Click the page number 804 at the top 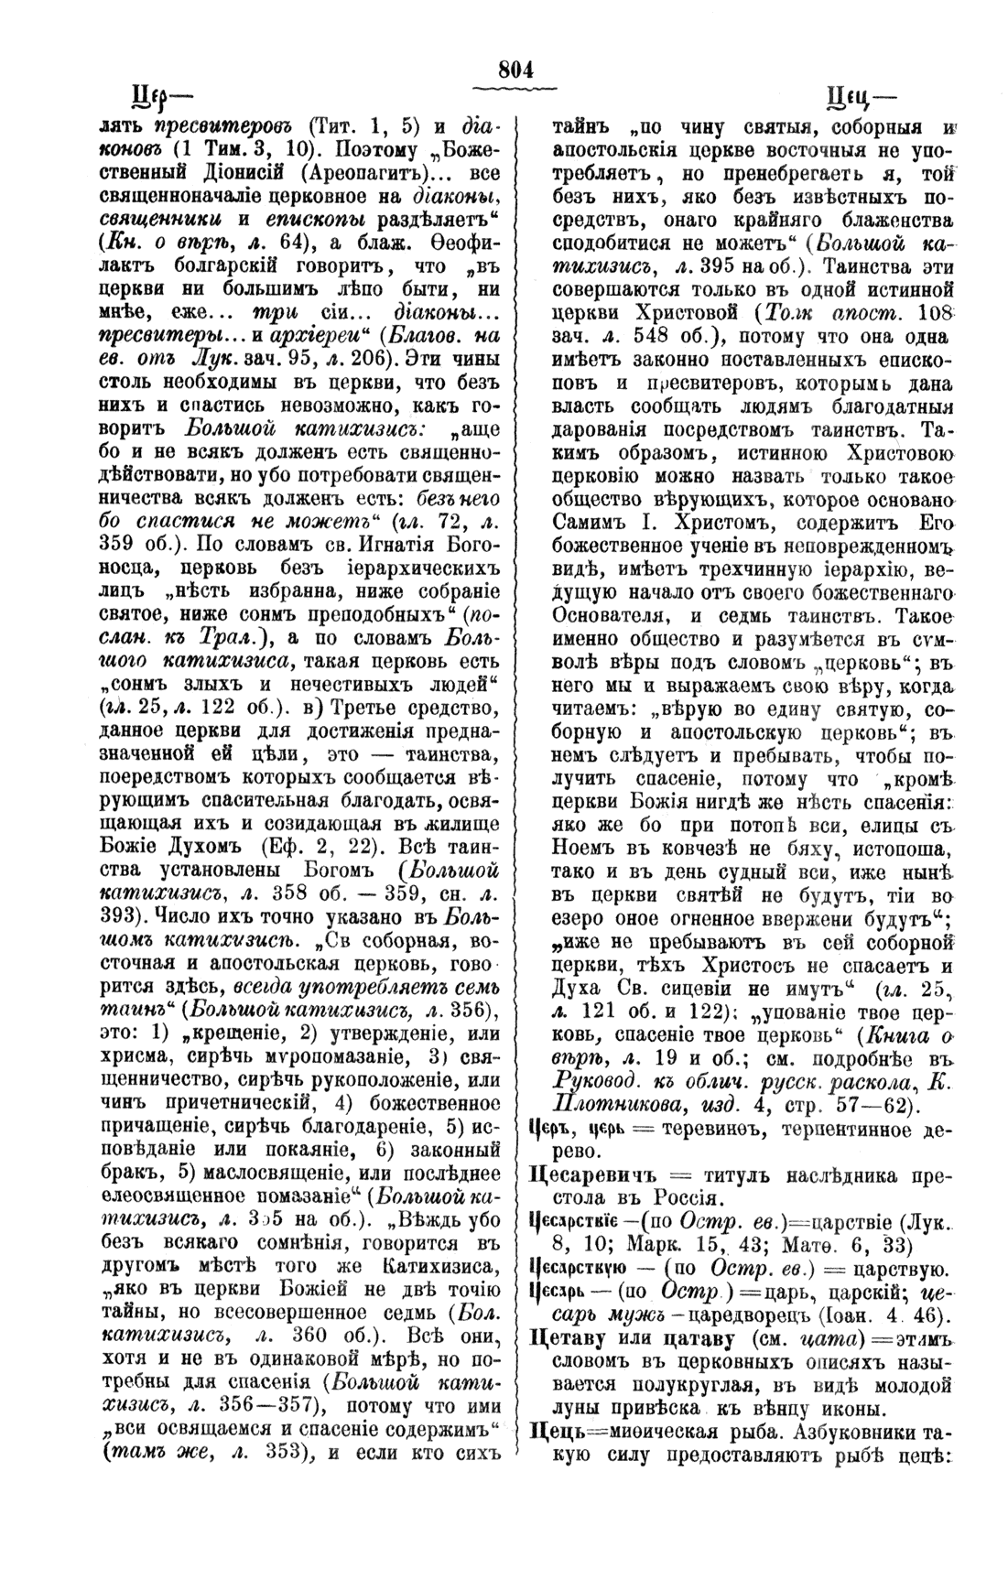(516, 70)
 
